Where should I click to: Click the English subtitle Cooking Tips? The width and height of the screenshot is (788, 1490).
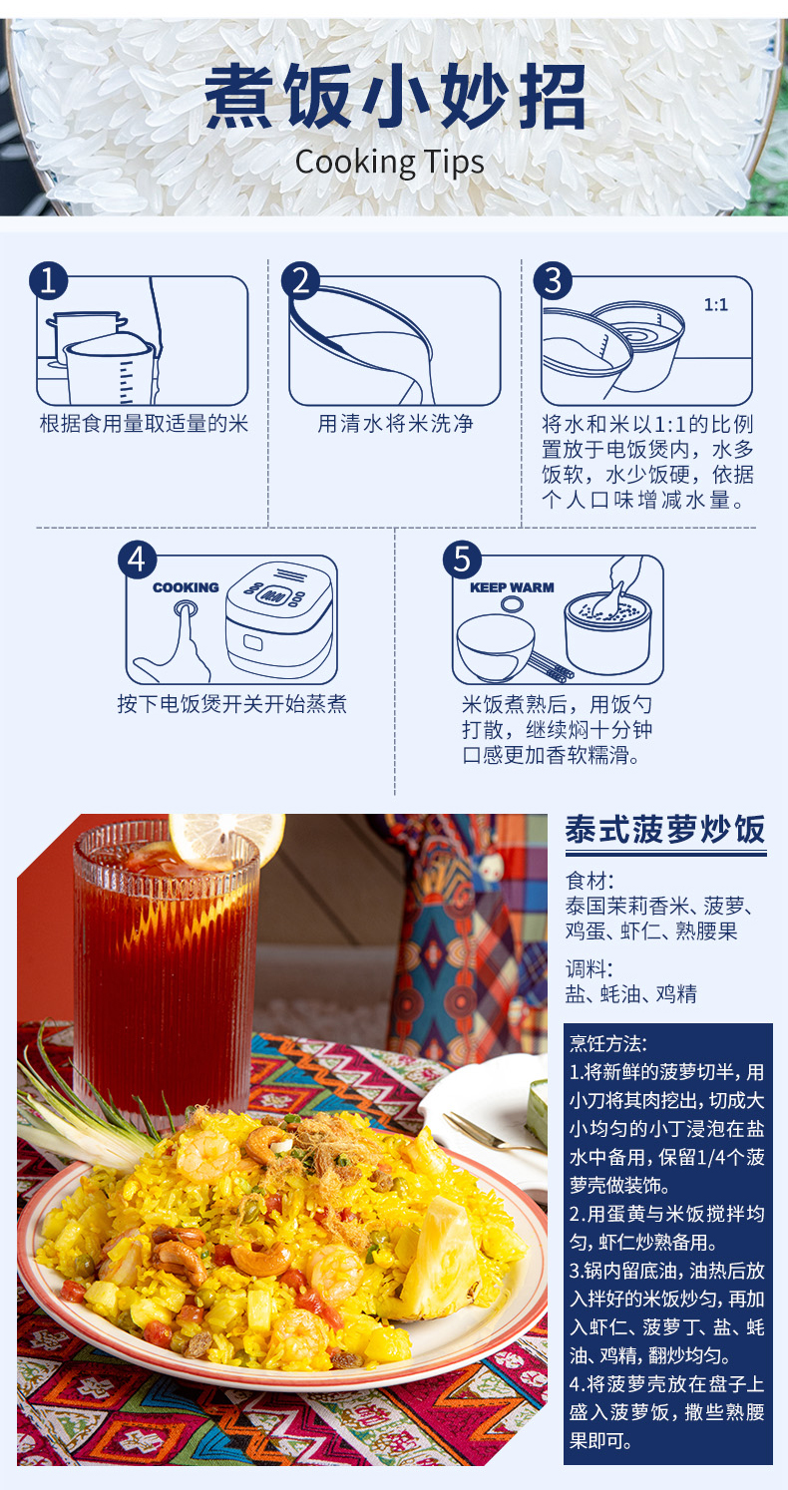[x=389, y=164]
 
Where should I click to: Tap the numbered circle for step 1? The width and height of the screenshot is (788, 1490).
[x=49, y=280]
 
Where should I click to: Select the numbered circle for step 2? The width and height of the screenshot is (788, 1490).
[x=301, y=280]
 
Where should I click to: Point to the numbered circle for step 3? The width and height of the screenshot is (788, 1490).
[x=553, y=280]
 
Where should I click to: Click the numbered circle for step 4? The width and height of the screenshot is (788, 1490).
[x=137, y=559]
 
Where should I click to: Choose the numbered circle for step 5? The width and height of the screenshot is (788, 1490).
[x=463, y=559]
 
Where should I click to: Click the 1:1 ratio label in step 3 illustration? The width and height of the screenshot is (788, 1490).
[x=716, y=305]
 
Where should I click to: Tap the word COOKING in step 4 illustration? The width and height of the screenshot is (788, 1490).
[x=186, y=587]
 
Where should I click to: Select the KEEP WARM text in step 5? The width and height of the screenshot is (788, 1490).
[x=512, y=587]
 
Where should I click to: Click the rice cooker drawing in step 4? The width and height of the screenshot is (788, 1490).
[x=279, y=618]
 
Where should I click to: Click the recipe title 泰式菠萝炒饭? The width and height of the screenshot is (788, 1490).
[x=665, y=830]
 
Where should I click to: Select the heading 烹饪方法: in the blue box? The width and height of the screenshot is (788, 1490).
[x=607, y=1043]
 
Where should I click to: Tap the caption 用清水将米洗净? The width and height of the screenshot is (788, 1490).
[x=395, y=423]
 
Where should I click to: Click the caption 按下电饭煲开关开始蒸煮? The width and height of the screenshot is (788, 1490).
[x=231, y=704]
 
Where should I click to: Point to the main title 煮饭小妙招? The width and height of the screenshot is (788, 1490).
[x=394, y=97]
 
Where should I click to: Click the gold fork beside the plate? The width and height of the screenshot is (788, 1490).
[x=493, y=1134]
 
